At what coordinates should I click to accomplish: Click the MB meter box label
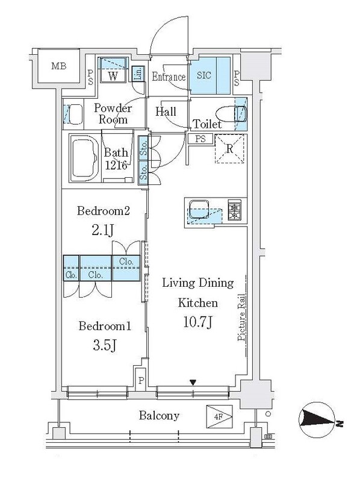58,66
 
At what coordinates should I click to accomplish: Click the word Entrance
169,77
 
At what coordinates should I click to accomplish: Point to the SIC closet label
204,75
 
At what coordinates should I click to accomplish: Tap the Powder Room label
113,113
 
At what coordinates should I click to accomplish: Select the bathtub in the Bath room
84,158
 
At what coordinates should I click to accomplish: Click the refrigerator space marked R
230,149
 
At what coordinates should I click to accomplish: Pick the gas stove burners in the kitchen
234,209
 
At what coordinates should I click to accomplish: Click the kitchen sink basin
199,209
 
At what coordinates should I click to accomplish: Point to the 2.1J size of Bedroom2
103,230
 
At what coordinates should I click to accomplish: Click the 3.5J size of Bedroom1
104,345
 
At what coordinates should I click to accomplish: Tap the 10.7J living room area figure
198,322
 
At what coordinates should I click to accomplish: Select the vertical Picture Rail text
241,318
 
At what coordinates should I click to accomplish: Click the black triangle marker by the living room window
193,383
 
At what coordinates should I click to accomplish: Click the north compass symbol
317,420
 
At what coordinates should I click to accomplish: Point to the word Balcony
159,416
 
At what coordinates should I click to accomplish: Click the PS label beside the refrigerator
200,139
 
